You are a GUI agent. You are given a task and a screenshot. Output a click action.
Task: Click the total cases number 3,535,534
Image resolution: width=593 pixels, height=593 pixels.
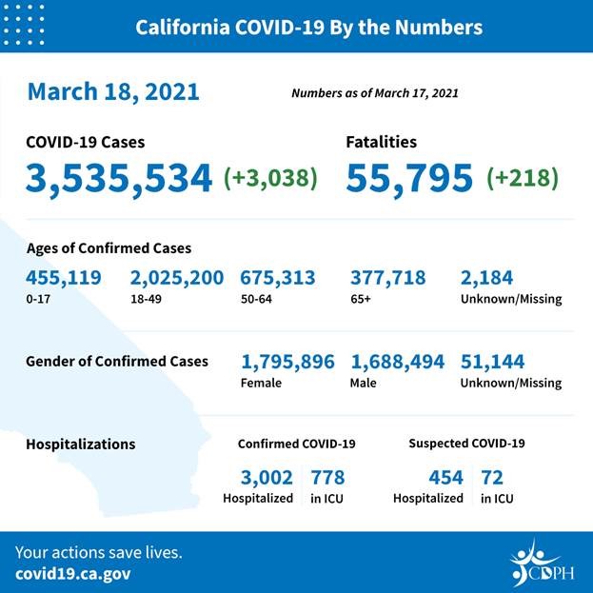[x=119, y=178]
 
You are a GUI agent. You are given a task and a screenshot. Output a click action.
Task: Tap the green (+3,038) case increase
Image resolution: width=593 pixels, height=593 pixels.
[x=270, y=178]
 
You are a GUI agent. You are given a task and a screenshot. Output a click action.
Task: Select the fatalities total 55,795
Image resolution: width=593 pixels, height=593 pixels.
[x=409, y=178]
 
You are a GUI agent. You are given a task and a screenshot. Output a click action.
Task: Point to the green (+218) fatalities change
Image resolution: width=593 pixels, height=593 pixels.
[x=522, y=178]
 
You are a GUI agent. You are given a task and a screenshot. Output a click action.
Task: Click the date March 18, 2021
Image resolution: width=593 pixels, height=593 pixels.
[x=113, y=91]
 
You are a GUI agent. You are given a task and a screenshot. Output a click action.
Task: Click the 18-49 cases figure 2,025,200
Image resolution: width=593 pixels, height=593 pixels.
[x=177, y=278]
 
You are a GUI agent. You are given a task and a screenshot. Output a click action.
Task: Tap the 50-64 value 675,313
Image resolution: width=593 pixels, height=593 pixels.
[x=278, y=278]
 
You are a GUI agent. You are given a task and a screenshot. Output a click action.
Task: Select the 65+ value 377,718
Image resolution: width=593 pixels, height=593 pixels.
[x=388, y=278]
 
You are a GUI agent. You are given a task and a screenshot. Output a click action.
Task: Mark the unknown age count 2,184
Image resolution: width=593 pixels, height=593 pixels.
[x=486, y=278]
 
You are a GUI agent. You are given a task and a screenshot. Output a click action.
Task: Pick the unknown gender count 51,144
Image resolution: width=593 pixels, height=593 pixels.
[x=492, y=362]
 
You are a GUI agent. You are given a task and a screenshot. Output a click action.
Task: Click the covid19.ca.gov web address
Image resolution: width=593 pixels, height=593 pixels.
[x=73, y=574]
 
